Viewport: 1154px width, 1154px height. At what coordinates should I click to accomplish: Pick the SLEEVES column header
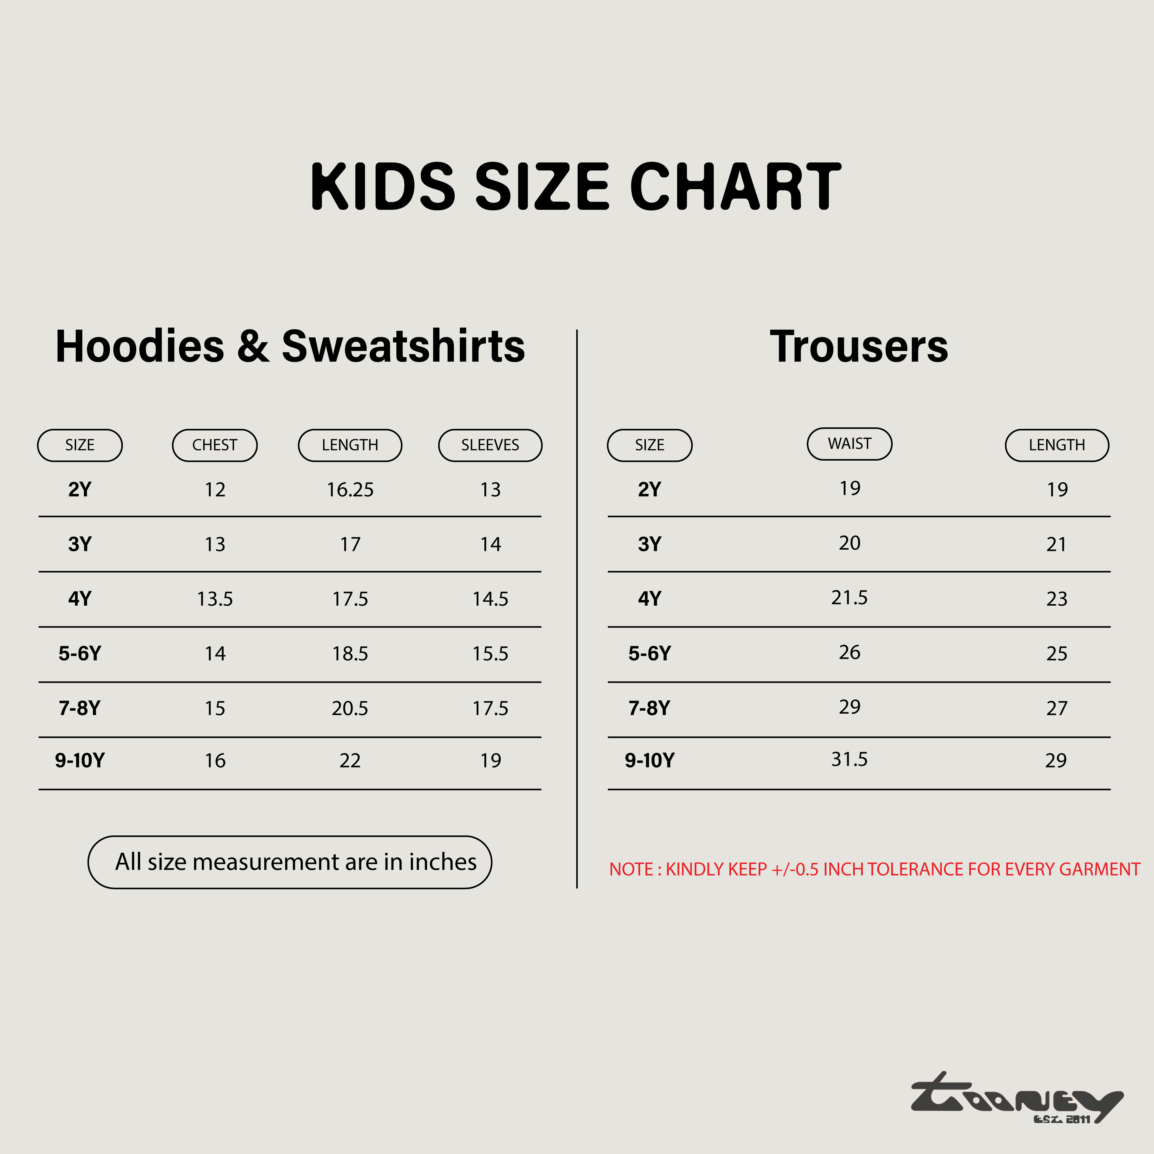(490, 445)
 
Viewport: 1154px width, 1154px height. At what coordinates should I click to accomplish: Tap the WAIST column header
(850, 444)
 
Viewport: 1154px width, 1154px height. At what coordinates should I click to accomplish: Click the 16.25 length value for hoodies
(350, 490)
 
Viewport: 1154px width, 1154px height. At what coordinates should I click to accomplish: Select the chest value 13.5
(215, 598)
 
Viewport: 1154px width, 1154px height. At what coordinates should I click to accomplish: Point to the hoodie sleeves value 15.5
(490, 653)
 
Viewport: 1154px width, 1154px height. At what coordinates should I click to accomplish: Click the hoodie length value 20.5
(350, 708)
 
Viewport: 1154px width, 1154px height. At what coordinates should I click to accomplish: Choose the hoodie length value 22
(350, 760)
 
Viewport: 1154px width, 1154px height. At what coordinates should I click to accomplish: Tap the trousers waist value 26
(850, 652)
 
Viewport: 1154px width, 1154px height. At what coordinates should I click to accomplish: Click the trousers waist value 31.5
(850, 759)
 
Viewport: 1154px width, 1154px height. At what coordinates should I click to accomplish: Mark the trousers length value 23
(1057, 598)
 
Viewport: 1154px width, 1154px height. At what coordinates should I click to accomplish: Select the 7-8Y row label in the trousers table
(649, 708)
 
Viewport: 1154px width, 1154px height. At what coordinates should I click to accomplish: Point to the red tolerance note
(875, 869)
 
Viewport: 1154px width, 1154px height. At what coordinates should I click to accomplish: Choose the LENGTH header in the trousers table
(1057, 445)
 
